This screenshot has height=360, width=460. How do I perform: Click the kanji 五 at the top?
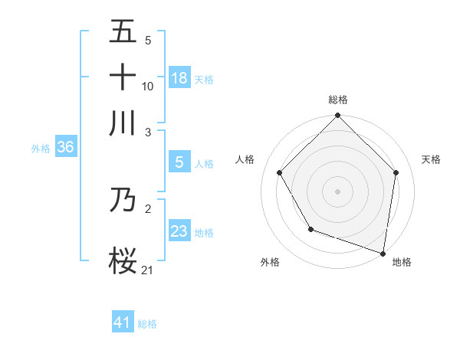tap(123, 32)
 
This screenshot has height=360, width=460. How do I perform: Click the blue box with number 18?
tap(179, 77)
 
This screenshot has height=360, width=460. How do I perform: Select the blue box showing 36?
tap(65, 148)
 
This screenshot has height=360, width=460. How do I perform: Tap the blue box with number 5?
tap(179, 162)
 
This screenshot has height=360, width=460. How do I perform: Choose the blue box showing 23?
tap(179, 231)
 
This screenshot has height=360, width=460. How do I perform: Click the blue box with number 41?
tap(123, 322)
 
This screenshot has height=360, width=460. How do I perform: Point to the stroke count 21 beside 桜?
tap(148, 269)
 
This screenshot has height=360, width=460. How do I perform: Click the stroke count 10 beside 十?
tap(148, 86)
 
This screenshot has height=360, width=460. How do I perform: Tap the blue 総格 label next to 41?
tap(147, 324)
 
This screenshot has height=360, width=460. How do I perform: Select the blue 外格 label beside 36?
tap(41, 149)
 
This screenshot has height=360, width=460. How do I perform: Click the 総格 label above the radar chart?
tap(338, 100)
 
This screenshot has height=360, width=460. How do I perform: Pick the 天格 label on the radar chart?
tap(431, 159)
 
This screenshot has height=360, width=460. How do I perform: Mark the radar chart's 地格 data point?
tap(383, 253)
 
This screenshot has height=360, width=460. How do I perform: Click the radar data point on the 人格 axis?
tap(280, 172)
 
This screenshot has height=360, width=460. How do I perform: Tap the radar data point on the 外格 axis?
tap(310, 228)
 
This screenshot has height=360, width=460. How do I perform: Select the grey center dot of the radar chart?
tap(338, 191)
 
